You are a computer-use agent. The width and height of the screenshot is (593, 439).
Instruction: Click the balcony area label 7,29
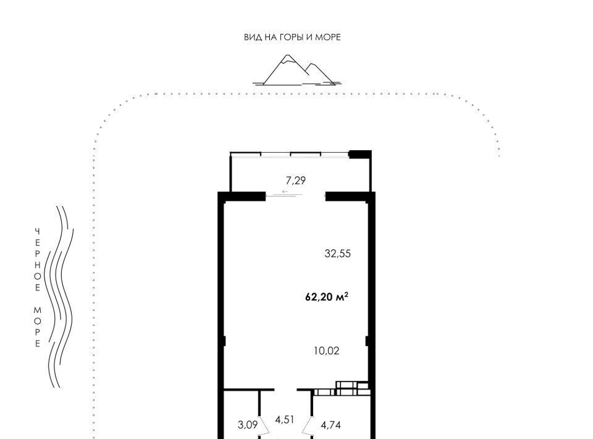pyautogui.click(x=295, y=181)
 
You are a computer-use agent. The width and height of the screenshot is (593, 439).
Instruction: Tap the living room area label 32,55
pyautogui.click(x=337, y=254)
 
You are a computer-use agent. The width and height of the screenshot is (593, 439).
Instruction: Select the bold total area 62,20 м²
pyautogui.click(x=327, y=297)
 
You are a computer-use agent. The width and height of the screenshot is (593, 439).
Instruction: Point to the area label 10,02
pyautogui.click(x=326, y=351)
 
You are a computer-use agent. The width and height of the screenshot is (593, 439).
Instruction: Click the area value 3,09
pyautogui.click(x=248, y=425)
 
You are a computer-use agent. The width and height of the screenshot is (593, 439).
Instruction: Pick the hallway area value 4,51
pyautogui.click(x=285, y=420)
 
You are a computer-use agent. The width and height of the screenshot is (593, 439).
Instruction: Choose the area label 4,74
pyautogui.click(x=331, y=425)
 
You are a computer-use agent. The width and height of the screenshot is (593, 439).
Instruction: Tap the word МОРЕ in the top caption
pyautogui.click(x=328, y=37)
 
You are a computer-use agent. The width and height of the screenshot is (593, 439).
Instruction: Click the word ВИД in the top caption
pyautogui.click(x=251, y=37)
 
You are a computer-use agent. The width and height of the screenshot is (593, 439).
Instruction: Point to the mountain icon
pyautogui.click(x=297, y=70)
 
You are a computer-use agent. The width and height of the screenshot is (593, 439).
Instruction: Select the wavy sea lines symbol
pyautogui.click(x=59, y=297)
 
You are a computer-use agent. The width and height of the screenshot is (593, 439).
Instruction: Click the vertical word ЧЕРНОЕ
pyautogui.click(x=38, y=260)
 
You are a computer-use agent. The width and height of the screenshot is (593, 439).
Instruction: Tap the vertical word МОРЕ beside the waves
pyautogui.click(x=38, y=327)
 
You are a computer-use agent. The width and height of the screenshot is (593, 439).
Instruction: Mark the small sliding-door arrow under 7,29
pyautogui.click(x=285, y=192)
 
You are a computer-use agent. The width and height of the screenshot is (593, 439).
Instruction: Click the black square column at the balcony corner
pyautogui.click(x=360, y=154)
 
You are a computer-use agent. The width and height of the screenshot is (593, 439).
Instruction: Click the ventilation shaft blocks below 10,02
pyautogui.click(x=342, y=389)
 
